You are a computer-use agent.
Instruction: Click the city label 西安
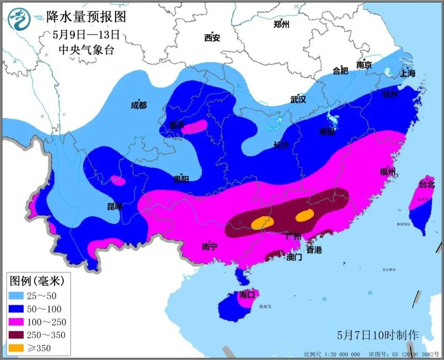pyautogui.click(x=212, y=38)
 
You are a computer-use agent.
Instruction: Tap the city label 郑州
pyautogui.click(x=281, y=24)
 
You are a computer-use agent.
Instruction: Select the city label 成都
pyautogui.click(x=138, y=105)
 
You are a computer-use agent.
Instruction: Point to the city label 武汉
pyautogui.click(x=298, y=99)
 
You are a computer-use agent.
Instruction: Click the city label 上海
pyautogui.click(x=407, y=73)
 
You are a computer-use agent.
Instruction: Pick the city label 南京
pyautogui.click(x=364, y=65)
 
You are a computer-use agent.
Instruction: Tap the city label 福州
pyautogui.click(x=387, y=172)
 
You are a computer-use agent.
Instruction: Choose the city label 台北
pyautogui.click(x=427, y=184)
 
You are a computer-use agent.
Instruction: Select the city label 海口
pyautogui.click(x=247, y=295)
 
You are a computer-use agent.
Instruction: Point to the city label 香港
pyautogui.click(x=314, y=250)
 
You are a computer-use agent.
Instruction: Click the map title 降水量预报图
pyautogui.click(x=86, y=17)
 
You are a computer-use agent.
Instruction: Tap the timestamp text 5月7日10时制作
pyautogui.click(x=377, y=335)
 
